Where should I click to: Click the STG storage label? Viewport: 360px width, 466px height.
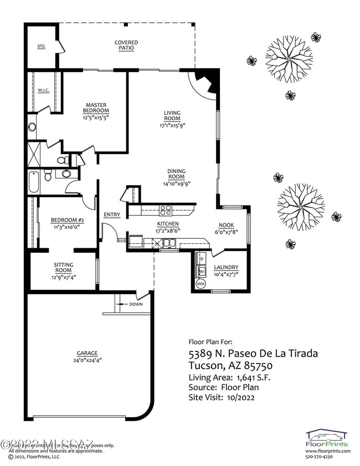[x=40, y=47]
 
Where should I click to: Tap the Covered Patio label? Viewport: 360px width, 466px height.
[x=126, y=45]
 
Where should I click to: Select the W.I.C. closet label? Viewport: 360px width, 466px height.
[x=44, y=90]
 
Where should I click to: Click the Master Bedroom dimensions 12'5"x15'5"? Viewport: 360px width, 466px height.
[x=95, y=117]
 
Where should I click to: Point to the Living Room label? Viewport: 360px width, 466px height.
[x=172, y=115]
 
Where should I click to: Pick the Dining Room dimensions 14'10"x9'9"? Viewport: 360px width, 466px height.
[x=177, y=183]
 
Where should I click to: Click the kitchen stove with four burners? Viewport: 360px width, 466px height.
[x=166, y=209]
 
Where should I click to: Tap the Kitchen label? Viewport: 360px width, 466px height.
[x=166, y=223]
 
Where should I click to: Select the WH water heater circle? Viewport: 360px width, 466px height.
[x=200, y=284]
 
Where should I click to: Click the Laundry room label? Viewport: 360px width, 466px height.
[x=226, y=267]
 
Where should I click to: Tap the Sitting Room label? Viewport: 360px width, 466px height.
[x=64, y=267]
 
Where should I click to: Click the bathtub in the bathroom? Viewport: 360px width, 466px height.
[x=33, y=183]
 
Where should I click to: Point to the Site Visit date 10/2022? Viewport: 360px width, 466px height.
[x=242, y=397]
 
